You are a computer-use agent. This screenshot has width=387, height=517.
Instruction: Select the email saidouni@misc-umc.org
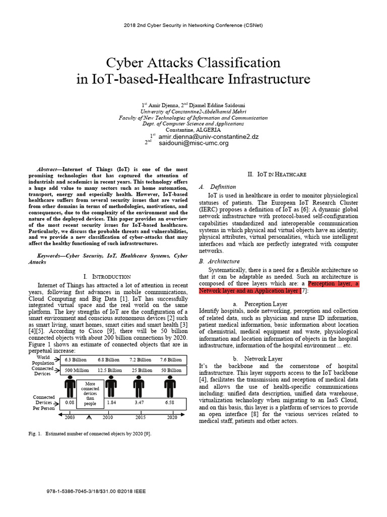[x=193, y=143]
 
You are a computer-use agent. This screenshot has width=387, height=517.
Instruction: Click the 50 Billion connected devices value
[x=171, y=370]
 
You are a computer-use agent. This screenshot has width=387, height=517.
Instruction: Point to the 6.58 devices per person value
[x=170, y=403]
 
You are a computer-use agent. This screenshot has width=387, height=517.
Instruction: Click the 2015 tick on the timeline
[x=140, y=418]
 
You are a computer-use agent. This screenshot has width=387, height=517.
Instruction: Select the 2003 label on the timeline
[x=70, y=418]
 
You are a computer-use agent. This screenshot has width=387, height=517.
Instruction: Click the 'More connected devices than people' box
[x=90, y=393]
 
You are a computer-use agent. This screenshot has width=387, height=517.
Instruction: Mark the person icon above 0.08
[x=70, y=387]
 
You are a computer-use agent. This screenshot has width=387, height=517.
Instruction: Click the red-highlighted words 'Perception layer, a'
[x=333, y=284]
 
